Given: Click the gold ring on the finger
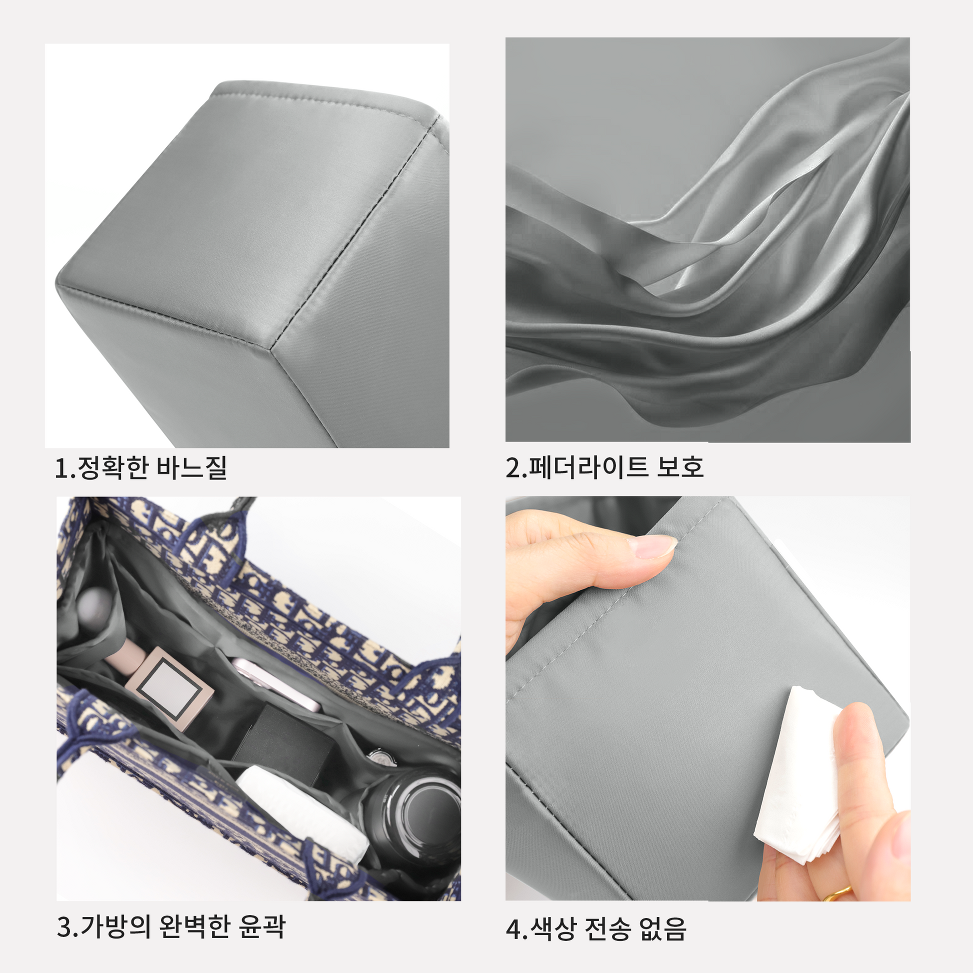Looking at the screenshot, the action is [x=837, y=894].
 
